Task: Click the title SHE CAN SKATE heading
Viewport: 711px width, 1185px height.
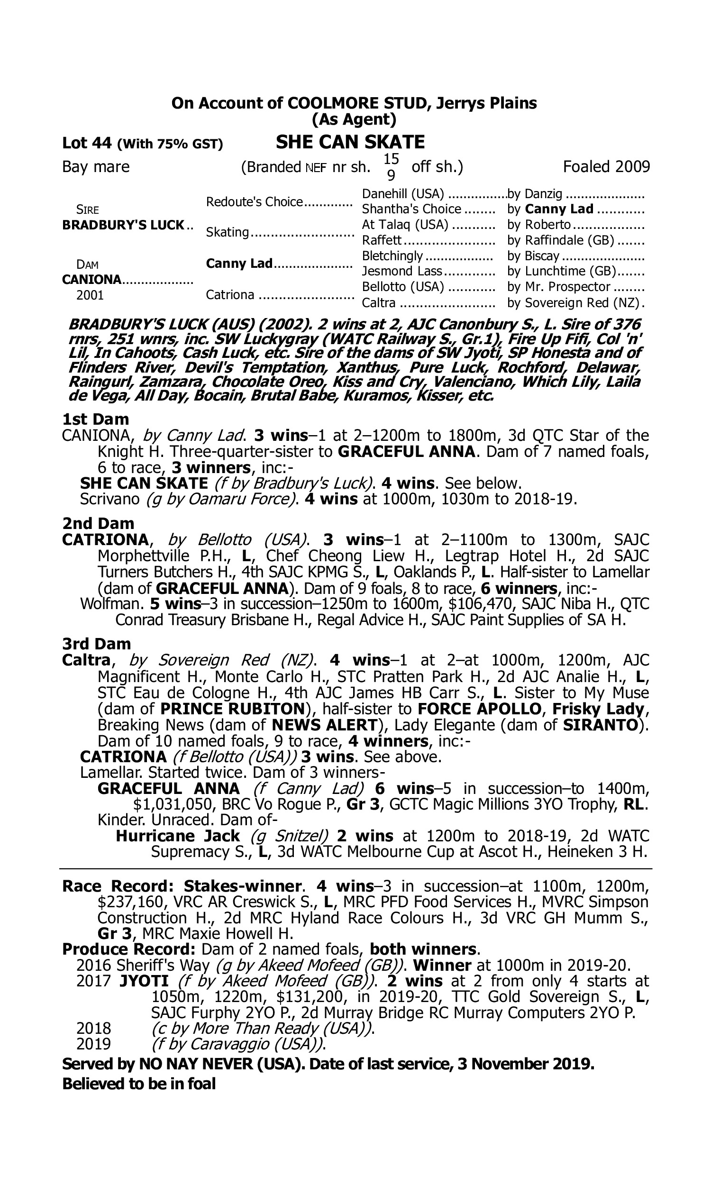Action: click(350, 142)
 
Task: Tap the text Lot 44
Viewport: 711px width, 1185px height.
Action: click(87, 143)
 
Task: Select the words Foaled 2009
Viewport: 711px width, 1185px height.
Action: click(606, 167)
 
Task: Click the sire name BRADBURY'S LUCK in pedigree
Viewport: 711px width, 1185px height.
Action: click(123, 225)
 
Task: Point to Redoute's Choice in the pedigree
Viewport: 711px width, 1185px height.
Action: click(255, 202)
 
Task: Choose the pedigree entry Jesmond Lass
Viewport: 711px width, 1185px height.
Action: click(402, 271)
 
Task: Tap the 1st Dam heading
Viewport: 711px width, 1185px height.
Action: click(95, 419)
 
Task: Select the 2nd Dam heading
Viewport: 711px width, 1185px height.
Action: click(98, 523)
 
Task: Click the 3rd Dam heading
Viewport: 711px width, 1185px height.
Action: click(96, 644)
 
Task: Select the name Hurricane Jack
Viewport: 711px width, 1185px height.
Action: click(177, 836)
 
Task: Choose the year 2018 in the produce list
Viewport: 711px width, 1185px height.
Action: click(93, 1029)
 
